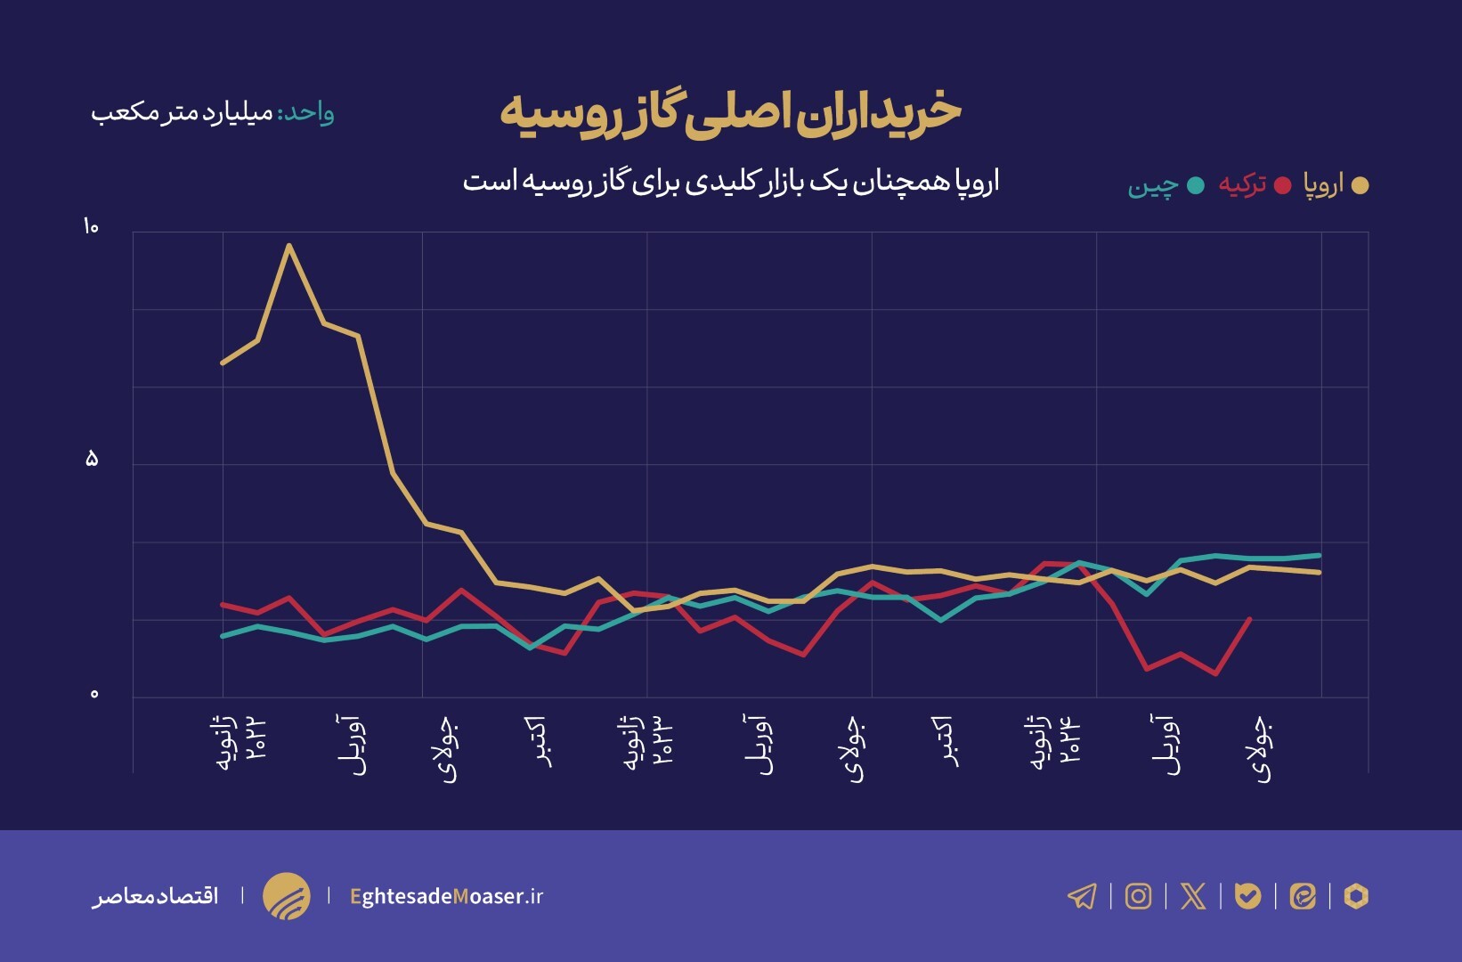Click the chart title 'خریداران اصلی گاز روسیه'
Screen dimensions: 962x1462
coord(730,112)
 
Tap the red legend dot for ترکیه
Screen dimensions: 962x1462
coord(1282,185)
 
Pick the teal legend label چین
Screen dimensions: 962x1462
coord(1152,185)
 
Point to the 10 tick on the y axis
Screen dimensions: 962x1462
coord(91,227)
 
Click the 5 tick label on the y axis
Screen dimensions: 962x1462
coord(91,460)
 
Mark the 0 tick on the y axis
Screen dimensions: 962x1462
coord(94,694)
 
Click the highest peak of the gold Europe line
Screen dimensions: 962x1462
coord(289,245)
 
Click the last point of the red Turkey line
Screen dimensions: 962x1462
coord(1250,619)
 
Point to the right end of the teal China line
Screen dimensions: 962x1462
coord(1320,555)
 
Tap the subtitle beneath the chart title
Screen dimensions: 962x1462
coord(730,182)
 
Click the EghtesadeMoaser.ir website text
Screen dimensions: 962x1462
coord(446,896)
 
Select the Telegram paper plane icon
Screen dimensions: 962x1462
coord(1082,896)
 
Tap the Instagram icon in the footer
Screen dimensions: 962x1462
coord(1138,896)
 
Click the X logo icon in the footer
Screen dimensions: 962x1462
coord(1193,896)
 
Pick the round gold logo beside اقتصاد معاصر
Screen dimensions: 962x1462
coord(287,896)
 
